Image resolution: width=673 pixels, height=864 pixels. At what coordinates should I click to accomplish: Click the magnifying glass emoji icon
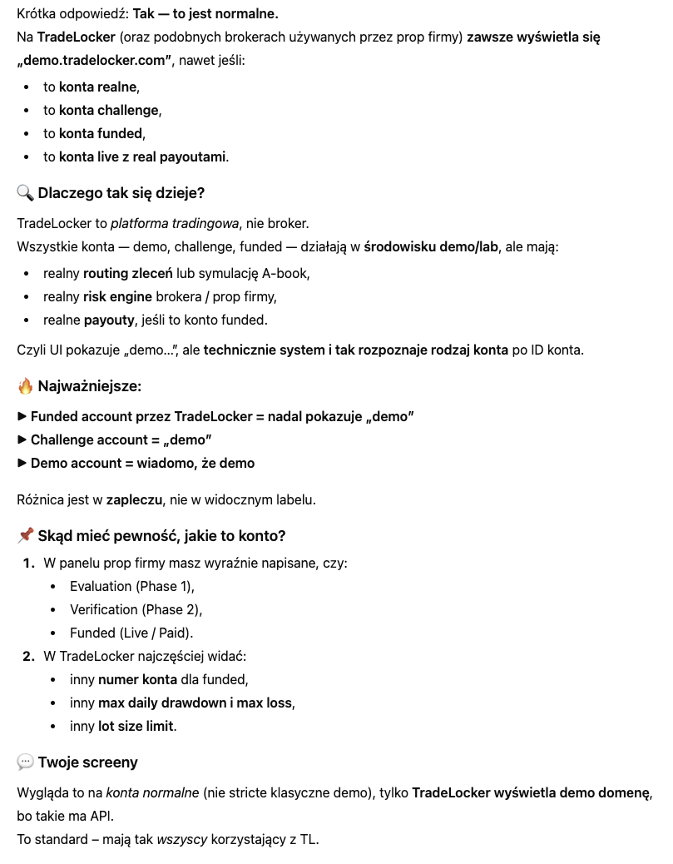coord(25,193)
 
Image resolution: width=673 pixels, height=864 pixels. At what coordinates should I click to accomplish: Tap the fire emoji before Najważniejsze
coord(25,386)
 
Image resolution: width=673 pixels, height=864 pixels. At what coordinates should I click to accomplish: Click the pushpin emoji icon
coord(25,535)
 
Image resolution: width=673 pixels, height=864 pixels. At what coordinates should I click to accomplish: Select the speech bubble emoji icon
coord(25,762)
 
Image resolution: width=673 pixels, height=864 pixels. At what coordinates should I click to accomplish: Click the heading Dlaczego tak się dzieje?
coord(121,193)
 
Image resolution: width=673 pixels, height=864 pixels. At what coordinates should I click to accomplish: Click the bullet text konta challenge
coord(109,110)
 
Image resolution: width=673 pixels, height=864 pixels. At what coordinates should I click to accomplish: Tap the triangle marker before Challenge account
coord(22,439)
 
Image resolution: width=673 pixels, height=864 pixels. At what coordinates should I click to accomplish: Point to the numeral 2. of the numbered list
coord(29,656)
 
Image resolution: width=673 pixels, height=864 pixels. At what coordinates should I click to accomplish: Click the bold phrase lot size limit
coord(136,726)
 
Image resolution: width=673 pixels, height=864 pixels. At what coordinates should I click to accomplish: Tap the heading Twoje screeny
coord(88,762)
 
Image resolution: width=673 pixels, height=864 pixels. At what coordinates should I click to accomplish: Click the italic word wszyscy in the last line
coord(182,838)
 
